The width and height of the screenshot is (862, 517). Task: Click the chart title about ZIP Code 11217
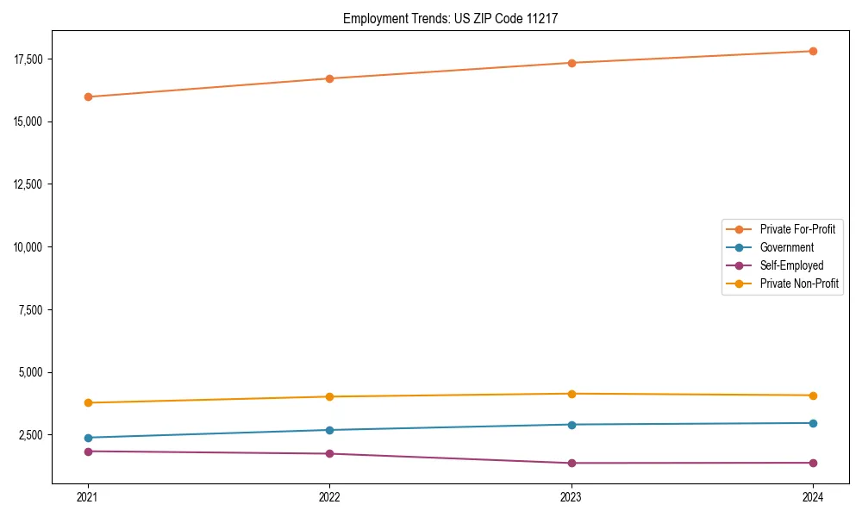pyautogui.click(x=450, y=18)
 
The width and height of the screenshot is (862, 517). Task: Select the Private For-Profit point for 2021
pyautogui.click(x=88, y=97)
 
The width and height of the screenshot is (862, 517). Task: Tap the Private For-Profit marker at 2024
pyautogui.click(x=813, y=51)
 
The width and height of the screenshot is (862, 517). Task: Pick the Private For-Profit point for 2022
pyautogui.click(x=329, y=78)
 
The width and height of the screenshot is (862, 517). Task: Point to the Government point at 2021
pyautogui.click(x=88, y=438)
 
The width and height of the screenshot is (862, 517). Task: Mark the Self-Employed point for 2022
pyautogui.click(x=329, y=453)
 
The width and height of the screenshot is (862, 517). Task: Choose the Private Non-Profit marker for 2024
pyautogui.click(x=813, y=396)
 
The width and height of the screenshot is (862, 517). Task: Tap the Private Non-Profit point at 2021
pyautogui.click(x=88, y=402)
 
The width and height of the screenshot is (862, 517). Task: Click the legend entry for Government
pyautogui.click(x=786, y=247)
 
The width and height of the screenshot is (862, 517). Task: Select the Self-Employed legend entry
pyautogui.click(x=791, y=265)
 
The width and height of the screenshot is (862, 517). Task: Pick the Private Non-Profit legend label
pyautogui.click(x=799, y=283)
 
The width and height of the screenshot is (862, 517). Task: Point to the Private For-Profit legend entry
pyautogui.click(x=797, y=229)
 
